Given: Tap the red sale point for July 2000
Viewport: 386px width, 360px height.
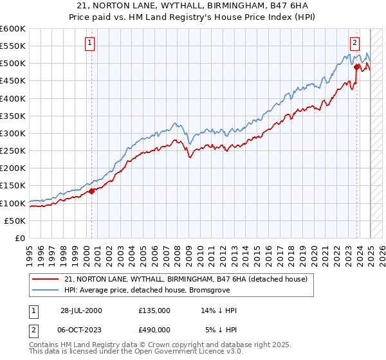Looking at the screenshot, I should pyautogui.click(x=92, y=191).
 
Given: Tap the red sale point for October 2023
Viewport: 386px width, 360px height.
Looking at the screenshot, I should pyautogui.click(x=357, y=66).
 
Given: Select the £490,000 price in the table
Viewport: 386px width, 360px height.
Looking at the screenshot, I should pyautogui.click(x=154, y=329).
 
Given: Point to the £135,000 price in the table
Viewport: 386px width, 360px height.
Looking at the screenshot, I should pyautogui.click(x=154, y=310).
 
